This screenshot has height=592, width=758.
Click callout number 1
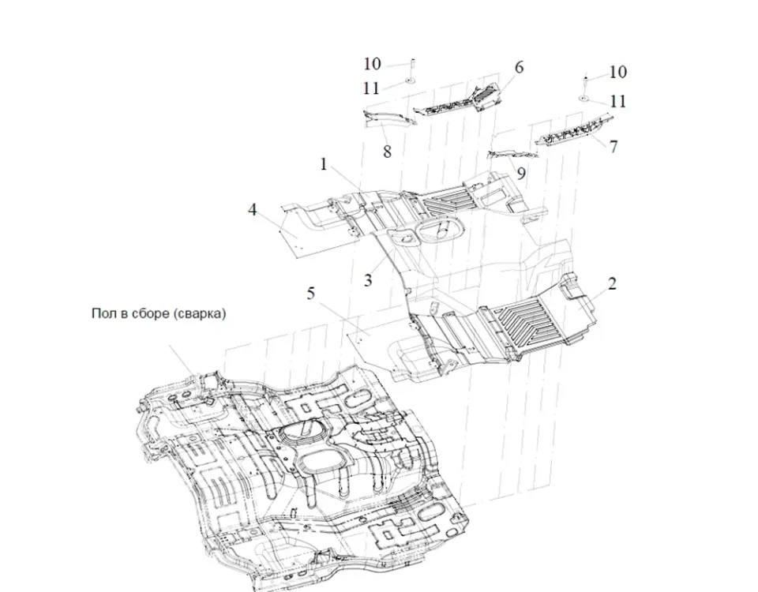pyautogui.click(x=323, y=164)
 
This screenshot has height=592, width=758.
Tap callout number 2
pyautogui.click(x=612, y=283)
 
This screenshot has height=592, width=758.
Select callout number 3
pyautogui.click(x=368, y=279)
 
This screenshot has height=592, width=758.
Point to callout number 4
pyautogui.click(x=252, y=210)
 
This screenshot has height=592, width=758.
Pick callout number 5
pyautogui.click(x=311, y=294)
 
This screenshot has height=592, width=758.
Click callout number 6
pyautogui.click(x=519, y=68)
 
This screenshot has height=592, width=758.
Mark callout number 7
pyautogui.click(x=614, y=146)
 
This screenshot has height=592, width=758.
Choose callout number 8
pyautogui.click(x=387, y=151)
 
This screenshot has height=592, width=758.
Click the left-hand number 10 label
pyautogui.click(x=372, y=64)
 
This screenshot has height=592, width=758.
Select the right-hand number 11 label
pyautogui.click(x=618, y=101)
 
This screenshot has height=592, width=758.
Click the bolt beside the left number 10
pyautogui.click(x=411, y=65)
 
